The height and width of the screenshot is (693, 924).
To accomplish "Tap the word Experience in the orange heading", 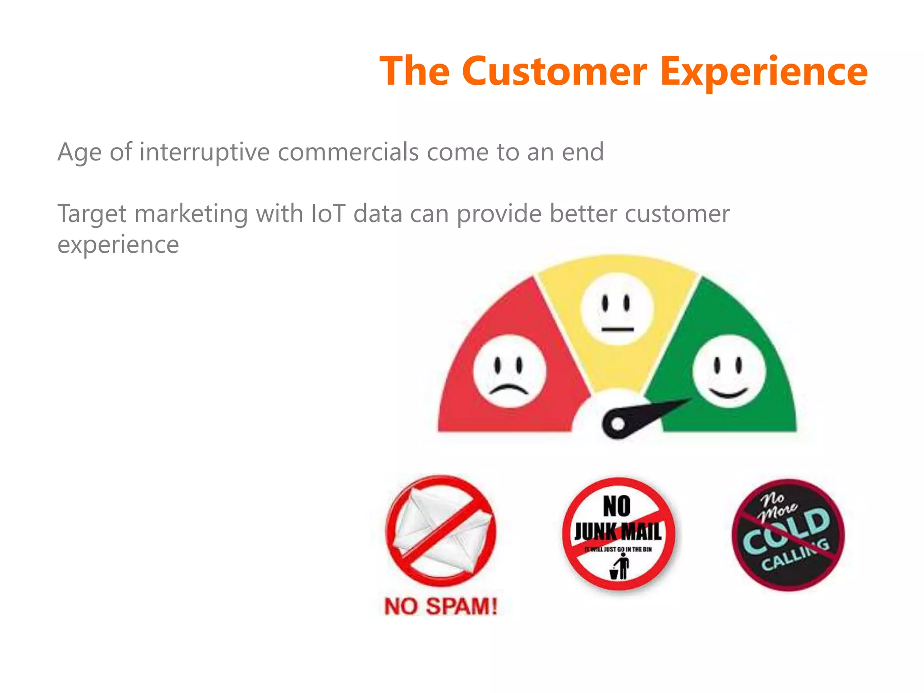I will click(763, 72).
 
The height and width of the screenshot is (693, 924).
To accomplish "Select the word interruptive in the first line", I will click(204, 152).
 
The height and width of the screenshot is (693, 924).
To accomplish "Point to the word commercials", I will click(348, 152).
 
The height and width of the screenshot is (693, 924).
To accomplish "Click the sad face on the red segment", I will click(509, 371).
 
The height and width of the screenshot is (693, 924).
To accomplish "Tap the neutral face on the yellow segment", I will click(617, 309).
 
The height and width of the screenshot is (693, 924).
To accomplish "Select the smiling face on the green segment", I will click(729, 371).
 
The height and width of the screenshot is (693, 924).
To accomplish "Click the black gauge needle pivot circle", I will click(618, 424).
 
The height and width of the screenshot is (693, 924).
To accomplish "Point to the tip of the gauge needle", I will click(688, 400).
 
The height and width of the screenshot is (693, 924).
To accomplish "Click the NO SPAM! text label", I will click(441, 606).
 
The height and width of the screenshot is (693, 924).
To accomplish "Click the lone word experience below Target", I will click(118, 245).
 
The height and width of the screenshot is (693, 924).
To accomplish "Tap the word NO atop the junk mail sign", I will click(617, 506).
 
